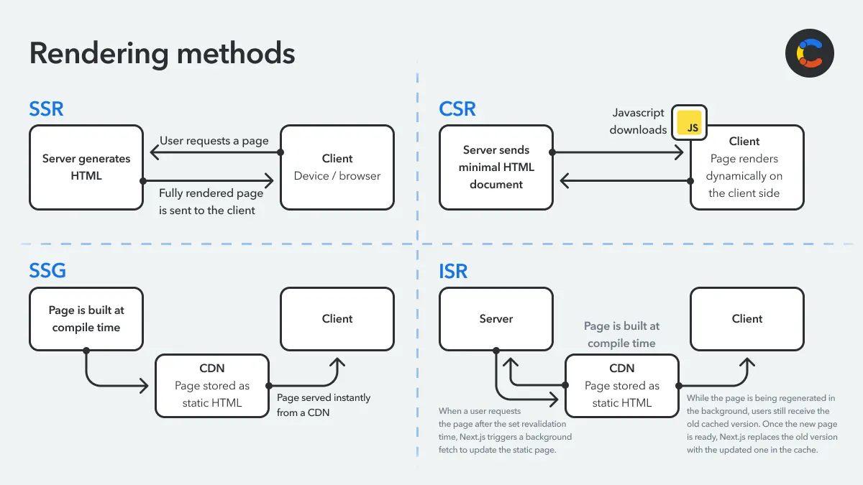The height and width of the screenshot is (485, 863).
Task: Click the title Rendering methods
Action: click(x=162, y=54)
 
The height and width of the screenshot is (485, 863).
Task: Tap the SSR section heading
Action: click(x=46, y=108)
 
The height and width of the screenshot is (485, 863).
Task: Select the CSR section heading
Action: click(x=457, y=108)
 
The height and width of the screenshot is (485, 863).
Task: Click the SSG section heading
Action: click(x=47, y=270)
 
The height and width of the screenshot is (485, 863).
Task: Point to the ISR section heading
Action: click(x=453, y=271)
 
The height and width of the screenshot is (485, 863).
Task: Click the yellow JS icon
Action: click(x=689, y=124)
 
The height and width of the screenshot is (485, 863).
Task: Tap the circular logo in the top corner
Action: click(x=809, y=53)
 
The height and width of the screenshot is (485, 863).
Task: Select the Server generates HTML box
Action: click(x=86, y=167)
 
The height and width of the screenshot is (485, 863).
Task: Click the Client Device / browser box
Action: click(x=337, y=167)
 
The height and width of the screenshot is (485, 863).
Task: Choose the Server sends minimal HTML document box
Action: click(x=496, y=167)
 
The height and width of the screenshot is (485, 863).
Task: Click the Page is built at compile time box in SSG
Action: click(x=86, y=319)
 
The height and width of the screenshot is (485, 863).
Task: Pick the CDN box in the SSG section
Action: click(x=212, y=385)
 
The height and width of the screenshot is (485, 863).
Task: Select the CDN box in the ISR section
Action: click(x=621, y=385)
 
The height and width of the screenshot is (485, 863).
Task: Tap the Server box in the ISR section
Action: click(x=496, y=319)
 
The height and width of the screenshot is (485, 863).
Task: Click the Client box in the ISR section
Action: click(x=747, y=319)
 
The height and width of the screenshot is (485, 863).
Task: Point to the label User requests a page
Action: click(x=214, y=141)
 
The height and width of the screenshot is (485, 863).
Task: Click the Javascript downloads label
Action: click(x=638, y=121)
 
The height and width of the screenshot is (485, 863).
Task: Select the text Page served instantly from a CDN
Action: click(x=324, y=405)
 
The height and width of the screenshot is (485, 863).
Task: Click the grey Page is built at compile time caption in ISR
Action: click(x=621, y=334)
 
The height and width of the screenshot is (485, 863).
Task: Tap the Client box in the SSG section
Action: click(x=337, y=319)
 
